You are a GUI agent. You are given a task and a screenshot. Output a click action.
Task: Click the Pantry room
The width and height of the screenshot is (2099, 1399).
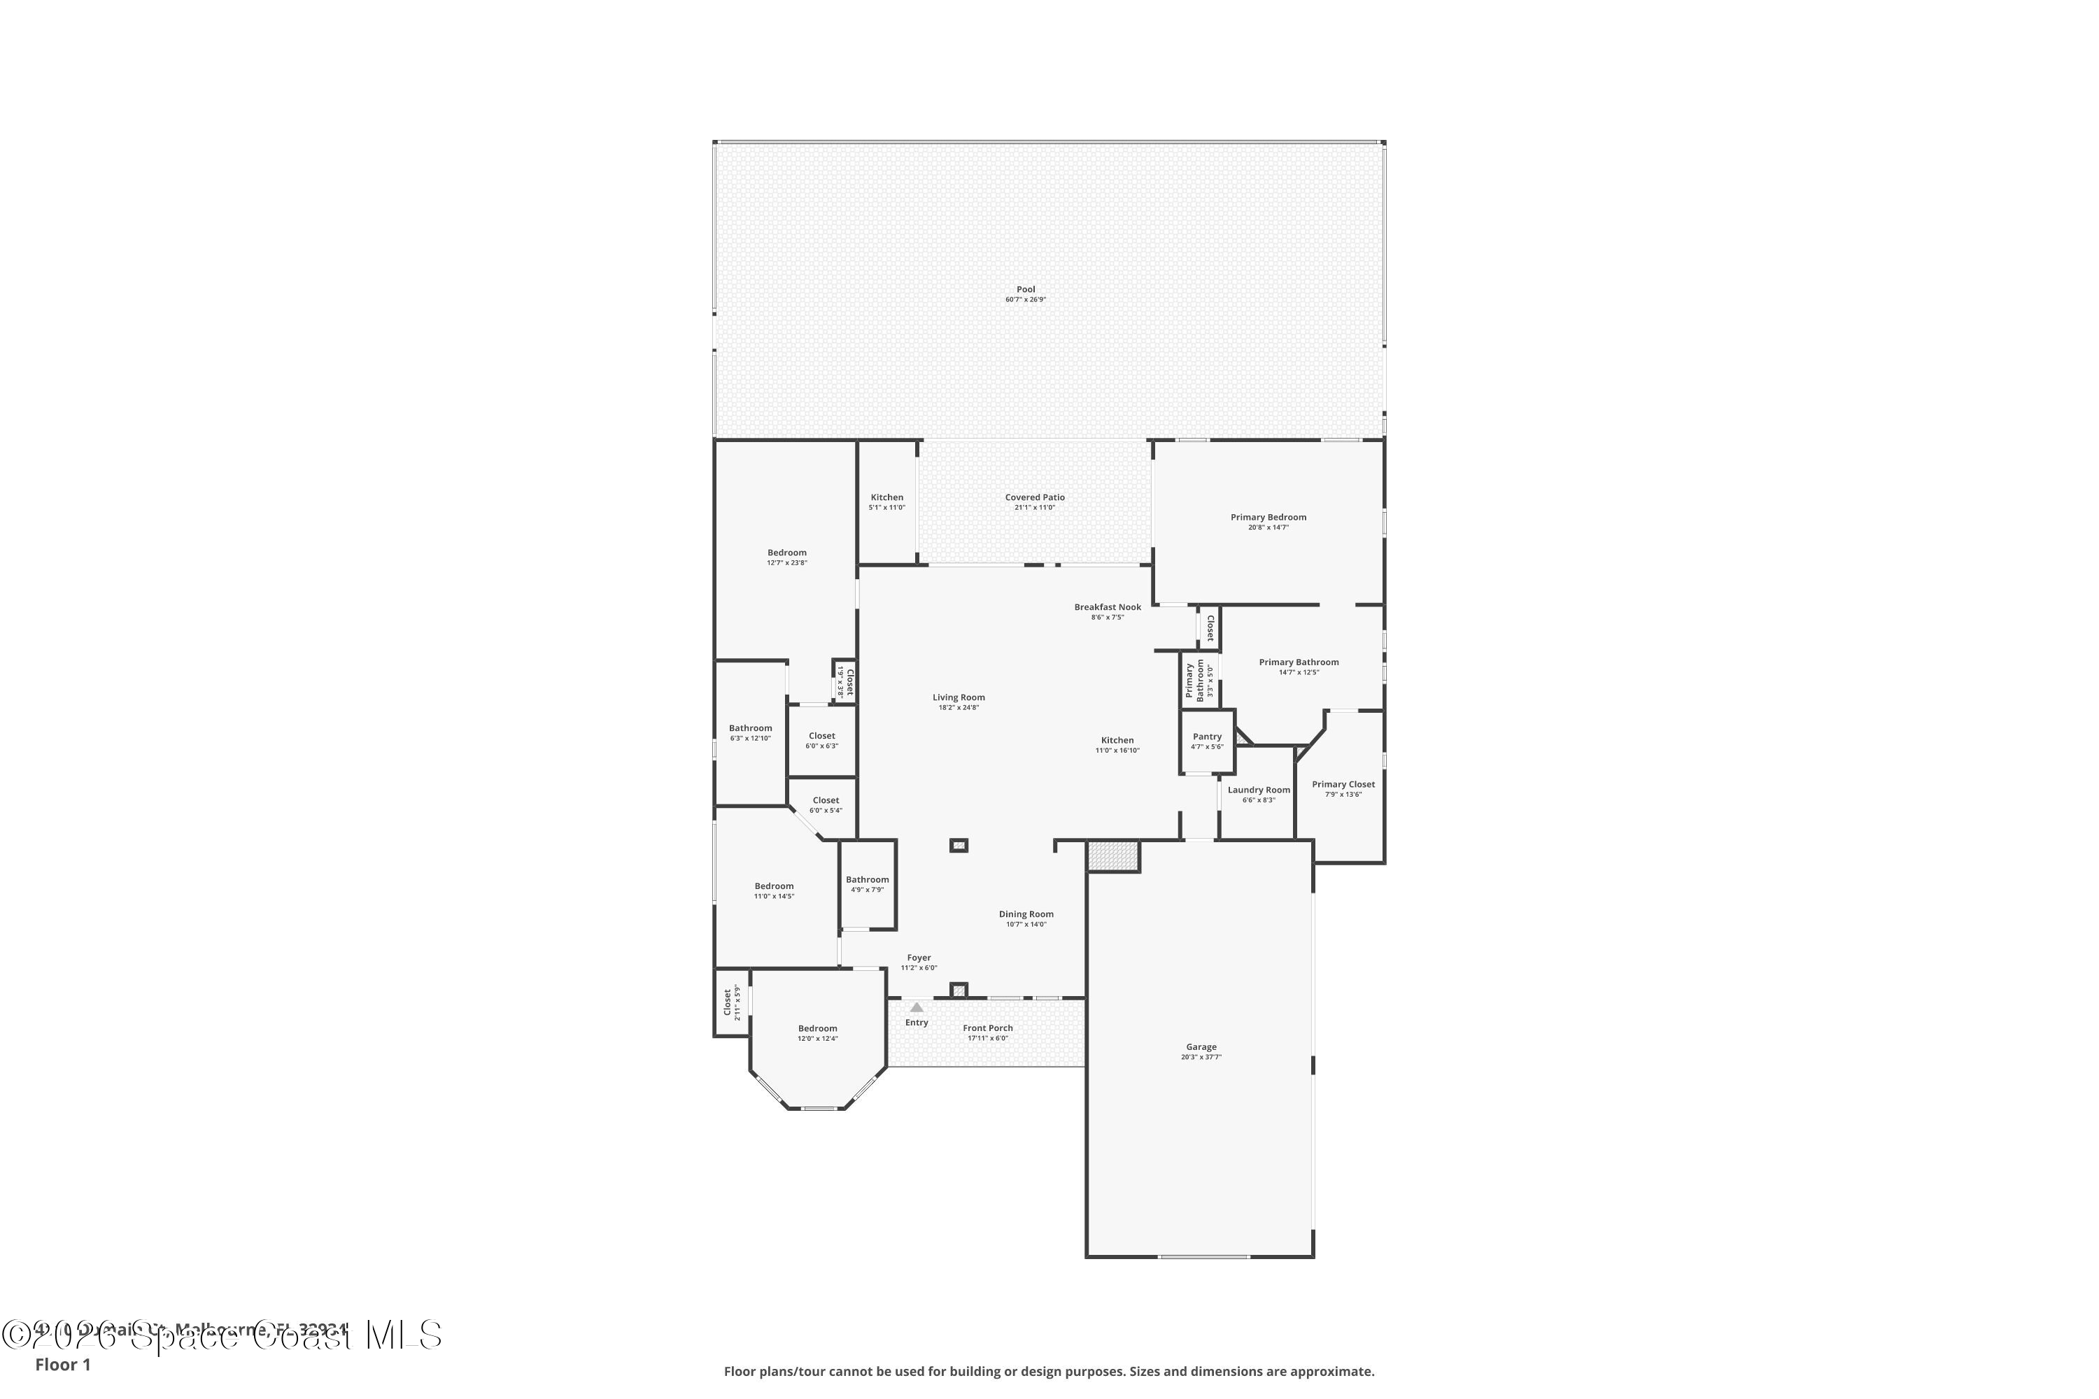click(1206, 741)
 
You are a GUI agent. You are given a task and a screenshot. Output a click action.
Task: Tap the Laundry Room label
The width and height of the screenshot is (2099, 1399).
click(1258, 790)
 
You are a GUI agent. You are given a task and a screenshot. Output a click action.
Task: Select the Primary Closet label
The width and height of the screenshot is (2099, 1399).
click(1342, 785)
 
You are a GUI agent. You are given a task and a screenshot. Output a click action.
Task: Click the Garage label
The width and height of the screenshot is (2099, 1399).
click(1201, 1047)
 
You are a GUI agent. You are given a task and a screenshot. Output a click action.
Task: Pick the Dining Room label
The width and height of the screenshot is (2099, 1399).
click(1026, 914)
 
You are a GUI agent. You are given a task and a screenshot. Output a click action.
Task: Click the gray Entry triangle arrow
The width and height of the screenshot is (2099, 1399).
click(917, 1007)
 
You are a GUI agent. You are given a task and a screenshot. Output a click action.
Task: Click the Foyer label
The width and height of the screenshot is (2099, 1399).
click(918, 958)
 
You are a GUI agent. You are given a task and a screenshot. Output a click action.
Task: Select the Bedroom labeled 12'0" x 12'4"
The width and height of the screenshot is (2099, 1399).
click(817, 1029)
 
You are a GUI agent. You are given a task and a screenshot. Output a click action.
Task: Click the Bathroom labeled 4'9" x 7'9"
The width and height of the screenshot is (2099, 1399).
click(867, 880)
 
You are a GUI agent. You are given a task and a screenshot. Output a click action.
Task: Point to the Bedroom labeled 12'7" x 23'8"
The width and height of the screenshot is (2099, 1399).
click(786, 553)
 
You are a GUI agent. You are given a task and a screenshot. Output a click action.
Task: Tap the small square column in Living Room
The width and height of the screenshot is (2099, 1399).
click(959, 845)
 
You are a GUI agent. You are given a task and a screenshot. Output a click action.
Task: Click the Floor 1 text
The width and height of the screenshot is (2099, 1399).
click(62, 1364)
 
